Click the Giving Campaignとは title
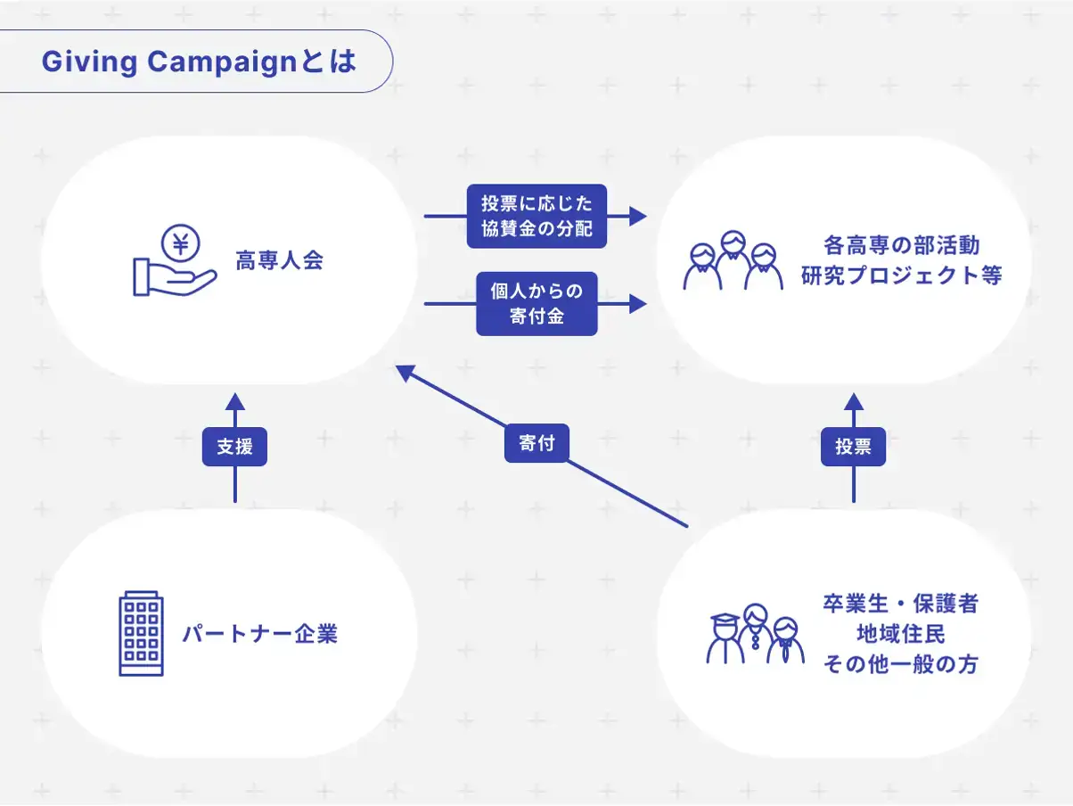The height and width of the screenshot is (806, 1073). [x=199, y=62]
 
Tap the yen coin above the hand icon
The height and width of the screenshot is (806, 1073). [x=182, y=243]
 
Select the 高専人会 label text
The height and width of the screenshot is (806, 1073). [x=279, y=261]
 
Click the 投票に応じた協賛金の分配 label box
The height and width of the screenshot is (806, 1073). [x=536, y=216]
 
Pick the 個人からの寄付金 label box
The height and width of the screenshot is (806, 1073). [x=536, y=303]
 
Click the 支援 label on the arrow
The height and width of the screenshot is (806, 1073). [x=234, y=446]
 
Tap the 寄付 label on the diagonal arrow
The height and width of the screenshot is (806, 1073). [x=536, y=442]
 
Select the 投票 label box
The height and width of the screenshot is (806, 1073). [x=853, y=446]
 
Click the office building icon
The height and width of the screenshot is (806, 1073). [x=141, y=633]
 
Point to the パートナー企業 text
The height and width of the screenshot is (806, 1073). [x=259, y=635]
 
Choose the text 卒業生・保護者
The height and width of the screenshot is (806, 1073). [x=900, y=604]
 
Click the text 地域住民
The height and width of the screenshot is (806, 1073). [x=900, y=634]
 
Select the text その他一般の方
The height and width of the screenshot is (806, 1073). [x=900, y=664]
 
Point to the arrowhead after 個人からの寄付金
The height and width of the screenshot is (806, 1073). [x=637, y=303]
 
